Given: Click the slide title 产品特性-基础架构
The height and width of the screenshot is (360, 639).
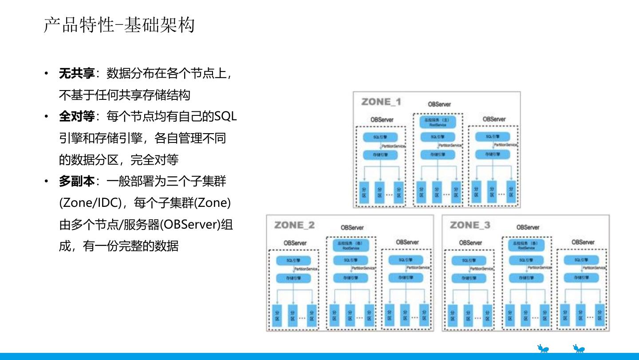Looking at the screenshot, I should (x=119, y=25).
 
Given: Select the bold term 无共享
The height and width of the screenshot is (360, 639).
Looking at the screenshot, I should (x=77, y=74).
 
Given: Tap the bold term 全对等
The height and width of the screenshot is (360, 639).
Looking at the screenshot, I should (x=77, y=117).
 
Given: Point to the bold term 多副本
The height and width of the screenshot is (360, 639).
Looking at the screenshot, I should (x=77, y=182).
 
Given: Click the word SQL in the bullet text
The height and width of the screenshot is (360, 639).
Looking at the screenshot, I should (x=225, y=117).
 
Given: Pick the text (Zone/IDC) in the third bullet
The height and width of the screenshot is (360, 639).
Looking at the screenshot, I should (x=90, y=203).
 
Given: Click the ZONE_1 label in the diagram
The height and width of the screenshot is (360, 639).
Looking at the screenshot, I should (x=381, y=102).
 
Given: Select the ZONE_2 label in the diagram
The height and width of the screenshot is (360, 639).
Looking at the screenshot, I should (x=294, y=225).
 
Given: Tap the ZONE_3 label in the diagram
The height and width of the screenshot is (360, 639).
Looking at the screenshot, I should (x=470, y=225).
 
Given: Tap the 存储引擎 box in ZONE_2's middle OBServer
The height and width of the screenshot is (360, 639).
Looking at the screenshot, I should (x=351, y=278).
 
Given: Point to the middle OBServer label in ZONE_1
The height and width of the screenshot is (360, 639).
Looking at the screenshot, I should (x=439, y=104).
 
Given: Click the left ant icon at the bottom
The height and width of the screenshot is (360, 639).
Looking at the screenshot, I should (x=543, y=348).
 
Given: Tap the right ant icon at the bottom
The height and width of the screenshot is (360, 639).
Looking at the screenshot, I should (x=579, y=348).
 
